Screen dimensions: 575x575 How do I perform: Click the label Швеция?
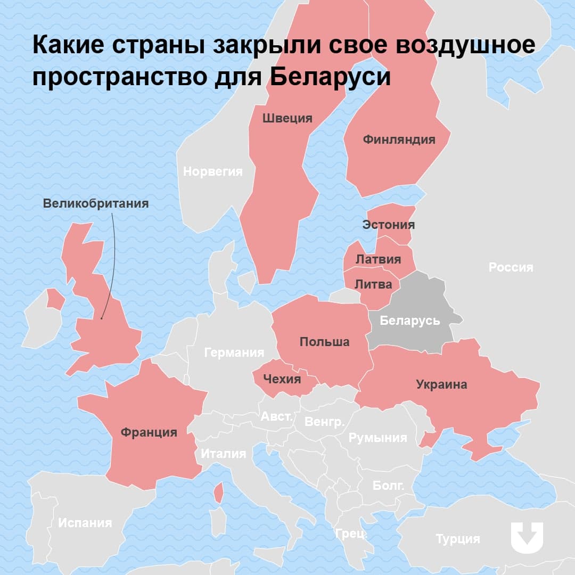pyautogui.click(x=287, y=118)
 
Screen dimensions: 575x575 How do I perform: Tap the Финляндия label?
pyautogui.click(x=399, y=139)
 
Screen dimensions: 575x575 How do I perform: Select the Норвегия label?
pyautogui.click(x=212, y=171)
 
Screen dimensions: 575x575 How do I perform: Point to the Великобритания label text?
pyautogui.click(x=96, y=203)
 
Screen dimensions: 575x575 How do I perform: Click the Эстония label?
pyautogui.click(x=388, y=224)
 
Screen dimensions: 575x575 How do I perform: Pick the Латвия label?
pyautogui.click(x=378, y=259)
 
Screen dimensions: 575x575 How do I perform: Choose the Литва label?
pyautogui.click(x=373, y=284)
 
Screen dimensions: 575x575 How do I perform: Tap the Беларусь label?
pyautogui.click(x=409, y=321)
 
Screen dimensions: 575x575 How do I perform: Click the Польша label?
pyautogui.click(x=324, y=341)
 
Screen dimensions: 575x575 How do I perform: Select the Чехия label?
pyautogui.click(x=282, y=379)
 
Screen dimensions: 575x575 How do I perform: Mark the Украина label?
pyautogui.click(x=441, y=384)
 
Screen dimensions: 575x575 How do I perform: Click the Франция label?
pyautogui.click(x=149, y=432)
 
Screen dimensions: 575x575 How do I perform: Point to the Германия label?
pyautogui.click(x=234, y=352)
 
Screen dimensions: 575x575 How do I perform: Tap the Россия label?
pyautogui.click(x=511, y=267)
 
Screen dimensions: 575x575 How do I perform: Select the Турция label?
pyautogui.click(x=458, y=539)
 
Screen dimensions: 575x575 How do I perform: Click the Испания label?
pyautogui.click(x=85, y=522)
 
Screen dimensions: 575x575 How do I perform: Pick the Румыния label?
pyautogui.click(x=377, y=438)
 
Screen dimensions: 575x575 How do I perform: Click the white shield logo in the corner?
pyautogui.click(x=527, y=537)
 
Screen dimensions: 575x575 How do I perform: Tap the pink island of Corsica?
pyautogui.click(x=218, y=493)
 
